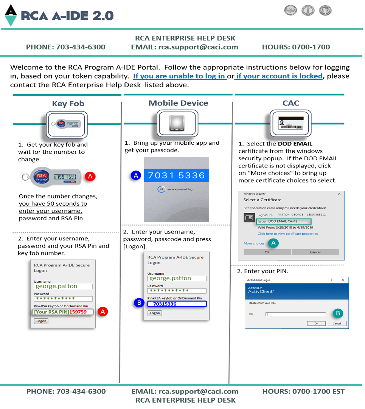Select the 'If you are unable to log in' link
click(179, 76)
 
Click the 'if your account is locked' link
click(279, 76)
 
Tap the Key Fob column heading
click(68, 104)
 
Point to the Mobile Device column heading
click(178, 103)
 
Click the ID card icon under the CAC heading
click(290, 123)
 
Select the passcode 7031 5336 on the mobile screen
click(176, 175)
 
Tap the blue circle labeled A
click(135, 175)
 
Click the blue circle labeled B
click(139, 303)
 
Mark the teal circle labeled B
click(338, 313)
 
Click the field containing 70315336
click(177, 304)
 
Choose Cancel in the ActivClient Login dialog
click(337, 324)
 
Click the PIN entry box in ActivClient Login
click(295, 314)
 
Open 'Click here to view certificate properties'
click(287, 234)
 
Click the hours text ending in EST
click(303, 391)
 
